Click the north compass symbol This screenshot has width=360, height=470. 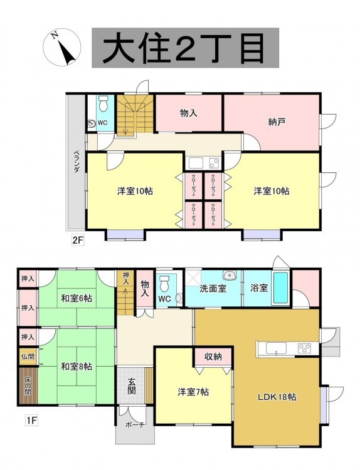(62, 48)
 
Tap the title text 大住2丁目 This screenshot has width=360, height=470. (185, 48)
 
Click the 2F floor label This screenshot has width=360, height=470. (77, 240)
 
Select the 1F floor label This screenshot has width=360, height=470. (31, 421)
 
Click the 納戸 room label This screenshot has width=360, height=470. (277, 122)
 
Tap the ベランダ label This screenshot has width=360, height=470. (77, 161)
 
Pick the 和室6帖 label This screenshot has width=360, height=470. (77, 298)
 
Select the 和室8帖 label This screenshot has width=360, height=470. (77, 367)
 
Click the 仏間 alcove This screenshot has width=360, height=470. (28, 357)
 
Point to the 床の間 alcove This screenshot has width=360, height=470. (28, 385)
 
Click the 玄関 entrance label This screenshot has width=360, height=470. (132, 386)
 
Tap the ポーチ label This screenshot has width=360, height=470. (135, 424)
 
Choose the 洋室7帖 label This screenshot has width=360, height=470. (194, 392)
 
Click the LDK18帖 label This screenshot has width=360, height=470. (277, 397)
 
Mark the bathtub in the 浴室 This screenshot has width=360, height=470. (281, 288)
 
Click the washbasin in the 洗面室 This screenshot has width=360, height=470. (230, 274)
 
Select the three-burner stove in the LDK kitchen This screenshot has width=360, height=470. (305, 348)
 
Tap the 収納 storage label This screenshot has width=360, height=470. (213, 357)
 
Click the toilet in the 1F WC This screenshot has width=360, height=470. (164, 283)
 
